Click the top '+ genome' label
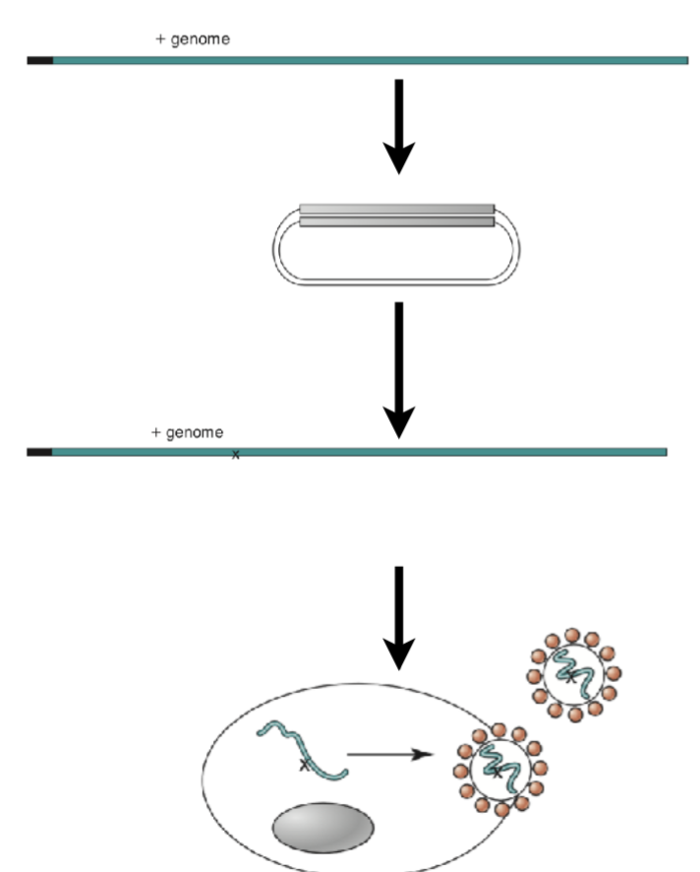[194, 39]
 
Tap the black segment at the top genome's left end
[39, 60]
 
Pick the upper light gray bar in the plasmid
[396, 209]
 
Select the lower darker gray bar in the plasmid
[396, 221]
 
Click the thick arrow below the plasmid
[398, 369]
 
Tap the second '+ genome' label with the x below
[187, 432]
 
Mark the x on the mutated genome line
[235, 454]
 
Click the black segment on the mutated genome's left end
[39, 452]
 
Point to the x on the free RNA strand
[304, 765]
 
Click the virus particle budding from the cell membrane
[498, 769]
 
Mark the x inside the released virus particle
[569, 677]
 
